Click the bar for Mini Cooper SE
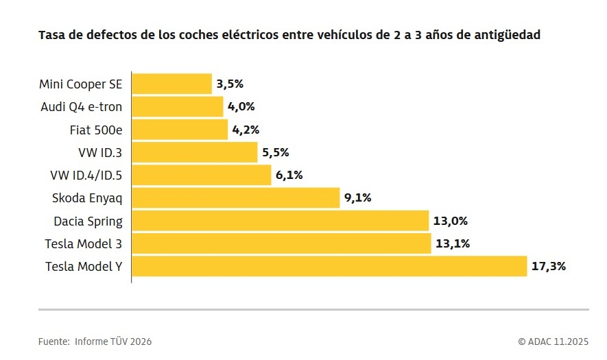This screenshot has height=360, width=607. point(171,84)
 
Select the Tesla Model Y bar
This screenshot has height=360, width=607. point(329,266)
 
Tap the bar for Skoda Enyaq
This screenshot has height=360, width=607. point(235,198)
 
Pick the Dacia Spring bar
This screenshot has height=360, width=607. point(280,221)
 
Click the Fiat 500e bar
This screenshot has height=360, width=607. point(179,130)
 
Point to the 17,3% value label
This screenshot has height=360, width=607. point(548,266)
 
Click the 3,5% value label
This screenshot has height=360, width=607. point(230,84)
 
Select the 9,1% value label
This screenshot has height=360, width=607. point(357,198)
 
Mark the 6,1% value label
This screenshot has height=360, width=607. point(289,175)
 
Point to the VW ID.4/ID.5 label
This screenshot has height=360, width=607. point(86,175)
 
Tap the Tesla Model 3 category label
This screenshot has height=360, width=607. point(84,243)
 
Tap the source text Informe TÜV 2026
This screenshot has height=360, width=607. point(113,341)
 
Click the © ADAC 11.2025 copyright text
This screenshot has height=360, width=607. point(553,341)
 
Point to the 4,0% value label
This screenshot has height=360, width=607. point(241,107)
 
